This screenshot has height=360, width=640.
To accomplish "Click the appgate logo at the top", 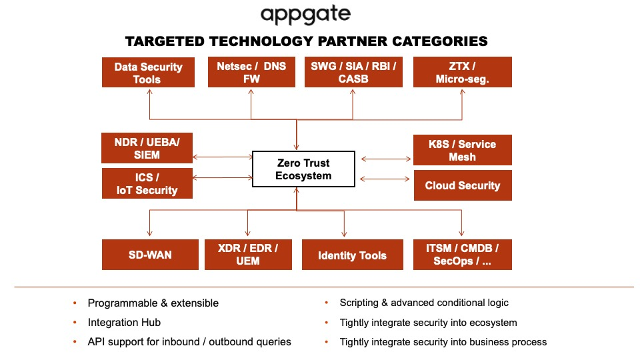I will pyautogui.click(x=305, y=15).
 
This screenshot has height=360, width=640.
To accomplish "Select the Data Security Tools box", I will pyautogui.click(x=147, y=72).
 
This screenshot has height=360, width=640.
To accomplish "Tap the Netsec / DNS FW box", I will pyautogui.click(x=251, y=72).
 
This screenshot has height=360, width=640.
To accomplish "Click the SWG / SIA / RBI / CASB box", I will pyautogui.click(x=353, y=72).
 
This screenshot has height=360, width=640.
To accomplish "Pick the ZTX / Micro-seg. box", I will pyautogui.click(x=462, y=72).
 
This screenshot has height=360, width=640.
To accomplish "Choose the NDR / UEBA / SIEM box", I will pyautogui.click(x=147, y=148).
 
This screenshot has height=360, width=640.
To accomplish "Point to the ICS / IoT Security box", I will pyautogui.click(x=147, y=183).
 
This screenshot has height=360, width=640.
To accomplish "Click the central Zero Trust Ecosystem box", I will pyautogui.click(x=303, y=169).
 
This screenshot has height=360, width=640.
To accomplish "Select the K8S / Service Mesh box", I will pyautogui.click(x=462, y=150).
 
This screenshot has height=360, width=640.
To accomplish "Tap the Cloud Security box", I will pyautogui.click(x=462, y=185).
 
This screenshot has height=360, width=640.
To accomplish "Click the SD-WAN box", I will pyautogui.click(x=150, y=255).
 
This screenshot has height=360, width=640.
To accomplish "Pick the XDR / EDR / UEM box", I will pyautogui.click(x=247, y=255).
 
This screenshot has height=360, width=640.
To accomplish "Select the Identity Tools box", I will pyautogui.click(x=352, y=255).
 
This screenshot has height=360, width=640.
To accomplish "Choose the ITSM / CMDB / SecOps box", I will pyautogui.click(x=462, y=255).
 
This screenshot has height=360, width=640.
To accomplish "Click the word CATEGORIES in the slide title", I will pyautogui.click(x=432, y=41).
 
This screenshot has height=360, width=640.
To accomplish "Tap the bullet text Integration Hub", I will pyautogui.click(x=124, y=322).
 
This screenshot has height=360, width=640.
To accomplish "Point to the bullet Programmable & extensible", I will pyautogui.click(x=153, y=303).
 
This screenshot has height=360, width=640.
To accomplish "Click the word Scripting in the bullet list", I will pyautogui.click(x=359, y=303).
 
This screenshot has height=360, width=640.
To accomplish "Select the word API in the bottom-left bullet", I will pyautogui.click(x=97, y=341).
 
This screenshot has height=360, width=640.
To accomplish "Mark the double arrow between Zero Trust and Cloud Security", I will pyautogui.click(x=385, y=179).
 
